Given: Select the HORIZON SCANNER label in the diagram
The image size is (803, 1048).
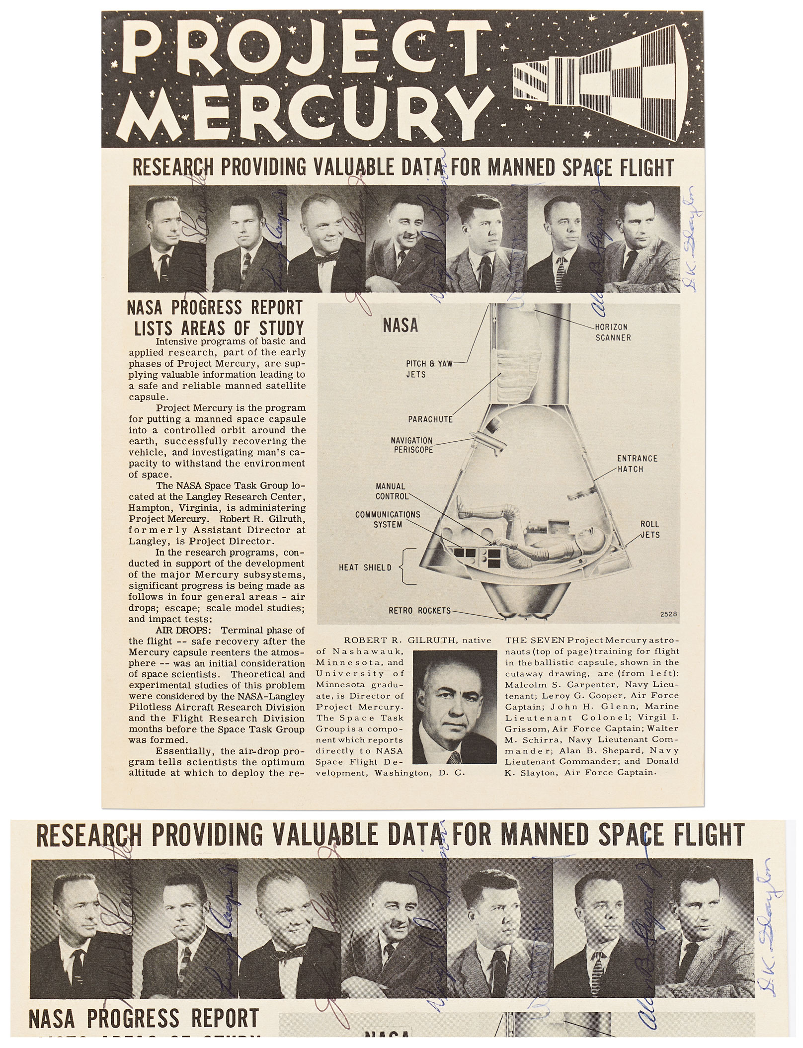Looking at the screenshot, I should (613, 332).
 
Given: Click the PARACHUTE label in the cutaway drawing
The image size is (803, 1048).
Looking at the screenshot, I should (430, 419).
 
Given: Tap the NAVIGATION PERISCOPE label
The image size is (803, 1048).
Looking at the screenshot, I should (411, 445).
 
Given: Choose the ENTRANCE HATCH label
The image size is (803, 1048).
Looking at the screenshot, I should (637, 464).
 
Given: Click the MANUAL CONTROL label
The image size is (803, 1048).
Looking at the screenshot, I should (391, 491).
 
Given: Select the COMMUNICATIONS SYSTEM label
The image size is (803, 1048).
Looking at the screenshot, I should (388, 519).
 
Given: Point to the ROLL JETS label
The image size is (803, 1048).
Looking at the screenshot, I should (650, 529).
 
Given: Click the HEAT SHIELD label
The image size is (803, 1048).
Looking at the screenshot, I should (365, 567).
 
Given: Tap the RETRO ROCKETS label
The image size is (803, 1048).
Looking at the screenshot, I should (419, 610).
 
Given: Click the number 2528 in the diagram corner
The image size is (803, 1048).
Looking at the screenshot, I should (668, 614).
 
